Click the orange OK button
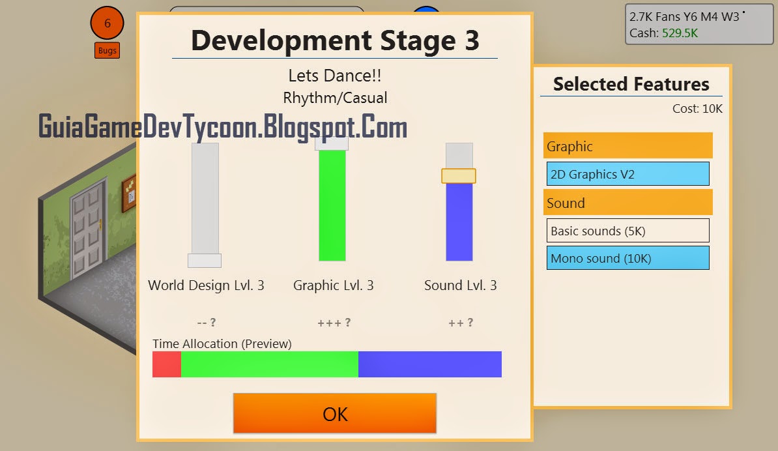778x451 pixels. coord(334,413)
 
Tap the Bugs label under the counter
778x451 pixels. coord(107,50)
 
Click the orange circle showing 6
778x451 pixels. coord(107,23)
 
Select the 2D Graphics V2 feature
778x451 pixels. coord(627,174)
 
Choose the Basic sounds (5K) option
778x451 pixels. coord(627,231)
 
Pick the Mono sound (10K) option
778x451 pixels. coord(627,258)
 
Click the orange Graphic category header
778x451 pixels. coord(627,146)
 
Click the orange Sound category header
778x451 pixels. coord(627,203)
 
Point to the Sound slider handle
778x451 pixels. coord(459,176)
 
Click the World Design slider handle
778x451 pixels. coord(205,261)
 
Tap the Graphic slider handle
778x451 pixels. coord(332,143)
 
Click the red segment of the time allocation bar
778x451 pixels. coord(167,364)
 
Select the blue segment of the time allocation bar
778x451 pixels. coord(429,364)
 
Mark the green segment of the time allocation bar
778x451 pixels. coord(269,364)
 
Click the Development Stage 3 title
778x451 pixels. coord(335,40)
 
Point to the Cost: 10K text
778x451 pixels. coord(697,109)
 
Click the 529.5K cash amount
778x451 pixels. coord(680,33)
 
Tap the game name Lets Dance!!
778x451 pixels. coord(335,76)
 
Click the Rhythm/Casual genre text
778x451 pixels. coord(335,98)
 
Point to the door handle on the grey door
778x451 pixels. coord(100,224)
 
